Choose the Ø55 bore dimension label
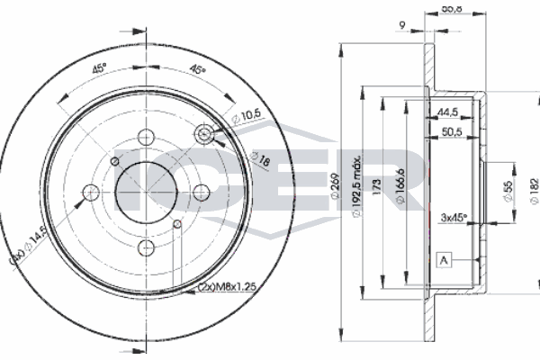tap(509, 190)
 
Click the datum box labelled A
tap(442, 260)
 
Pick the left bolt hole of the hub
tap(91, 192)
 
